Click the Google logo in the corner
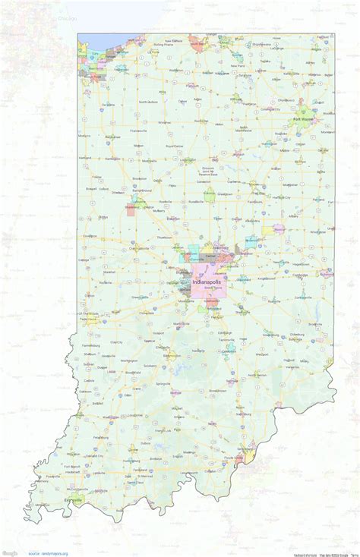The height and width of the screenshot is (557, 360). (11, 552)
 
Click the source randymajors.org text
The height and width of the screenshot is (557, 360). (49, 553)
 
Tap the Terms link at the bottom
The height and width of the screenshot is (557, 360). (355, 553)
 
